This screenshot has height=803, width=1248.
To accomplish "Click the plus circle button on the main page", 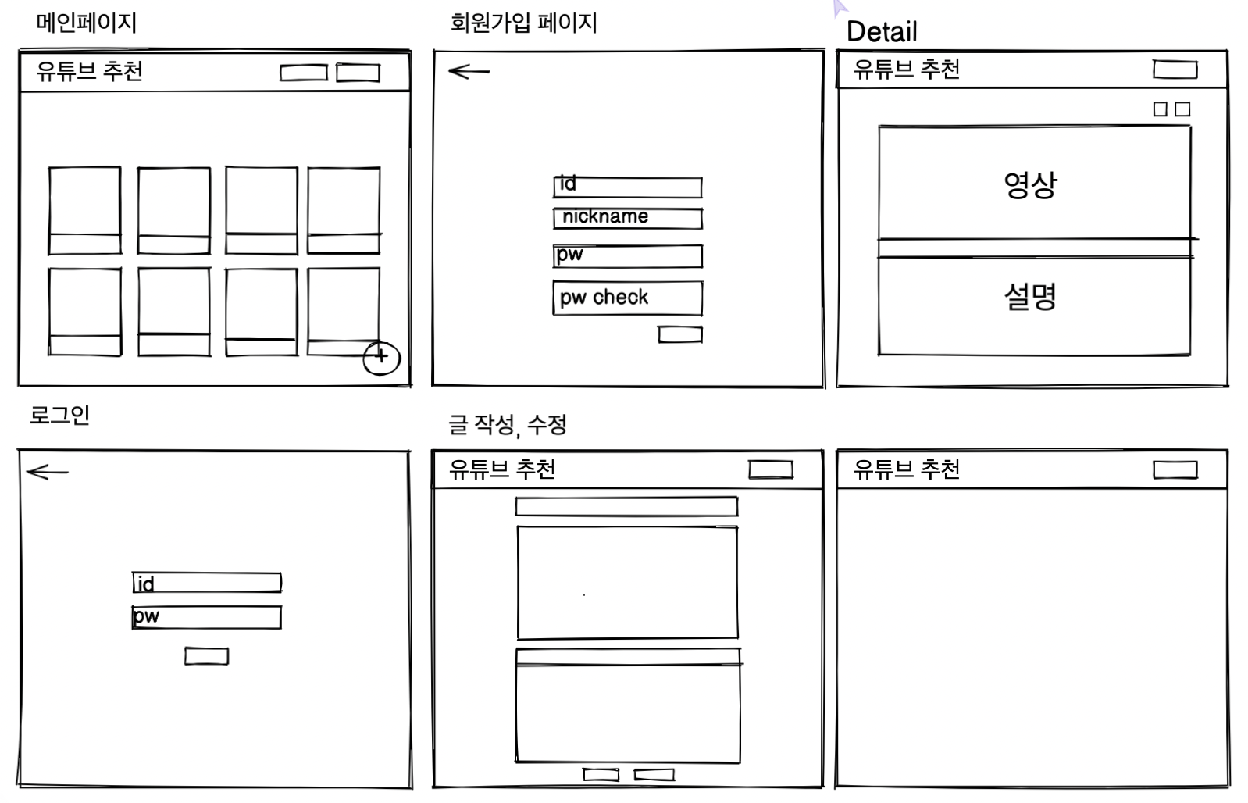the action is pyautogui.click(x=382, y=359).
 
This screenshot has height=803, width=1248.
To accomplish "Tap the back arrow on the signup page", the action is pyautogui.click(x=469, y=71).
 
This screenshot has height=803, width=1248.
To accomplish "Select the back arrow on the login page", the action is pyautogui.click(x=48, y=472).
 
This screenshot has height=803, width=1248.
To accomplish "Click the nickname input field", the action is pyautogui.click(x=628, y=219).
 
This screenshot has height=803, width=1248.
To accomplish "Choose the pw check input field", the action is pyautogui.click(x=628, y=298).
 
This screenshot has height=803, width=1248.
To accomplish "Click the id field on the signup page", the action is pyautogui.click(x=628, y=187).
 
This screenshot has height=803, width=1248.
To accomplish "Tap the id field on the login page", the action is pyautogui.click(x=207, y=582).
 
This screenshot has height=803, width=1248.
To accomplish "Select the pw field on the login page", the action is pyautogui.click(x=207, y=617).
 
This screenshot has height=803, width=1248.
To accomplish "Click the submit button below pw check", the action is pyautogui.click(x=680, y=334).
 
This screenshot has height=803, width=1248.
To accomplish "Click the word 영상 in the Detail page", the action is pyautogui.click(x=1030, y=186).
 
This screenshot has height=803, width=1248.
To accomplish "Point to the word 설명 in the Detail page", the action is pyautogui.click(x=1030, y=297).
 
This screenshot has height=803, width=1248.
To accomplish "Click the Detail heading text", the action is pyautogui.click(x=882, y=32).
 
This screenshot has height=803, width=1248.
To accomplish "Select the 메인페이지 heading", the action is pyautogui.click(x=87, y=23).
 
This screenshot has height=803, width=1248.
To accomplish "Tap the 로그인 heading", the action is pyautogui.click(x=59, y=415).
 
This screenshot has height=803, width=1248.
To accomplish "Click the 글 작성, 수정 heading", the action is pyautogui.click(x=508, y=425).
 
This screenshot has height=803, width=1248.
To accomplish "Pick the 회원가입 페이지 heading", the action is pyautogui.click(x=524, y=23).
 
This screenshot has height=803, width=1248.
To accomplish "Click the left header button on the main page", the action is pyautogui.click(x=304, y=73).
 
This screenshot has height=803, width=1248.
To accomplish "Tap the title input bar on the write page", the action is pyautogui.click(x=627, y=506).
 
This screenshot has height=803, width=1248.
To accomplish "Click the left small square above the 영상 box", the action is pyautogui.click(x=1160, y=109).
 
